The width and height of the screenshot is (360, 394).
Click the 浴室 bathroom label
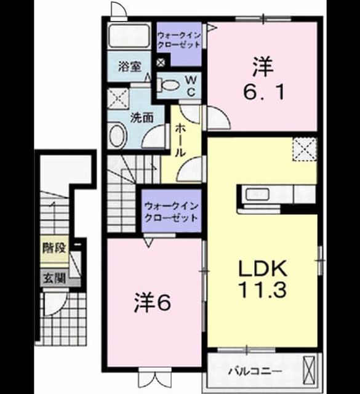130,67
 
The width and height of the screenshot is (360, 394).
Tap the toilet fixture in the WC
167,84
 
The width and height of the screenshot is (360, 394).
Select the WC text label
191,86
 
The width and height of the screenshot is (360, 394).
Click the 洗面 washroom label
142,118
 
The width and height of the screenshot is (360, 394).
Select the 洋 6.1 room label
263,78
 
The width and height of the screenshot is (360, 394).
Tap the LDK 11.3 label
263,279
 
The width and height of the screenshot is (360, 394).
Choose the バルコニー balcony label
255,371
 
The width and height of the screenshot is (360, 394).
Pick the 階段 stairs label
54,248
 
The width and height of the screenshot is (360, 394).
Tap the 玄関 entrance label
54,278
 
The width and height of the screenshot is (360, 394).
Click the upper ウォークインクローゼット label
178,40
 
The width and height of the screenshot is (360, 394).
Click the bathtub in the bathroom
129,36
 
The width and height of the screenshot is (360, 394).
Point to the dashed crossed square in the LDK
305,149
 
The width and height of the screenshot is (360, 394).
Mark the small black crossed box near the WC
160,63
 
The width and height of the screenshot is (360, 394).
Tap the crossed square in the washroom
118,98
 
